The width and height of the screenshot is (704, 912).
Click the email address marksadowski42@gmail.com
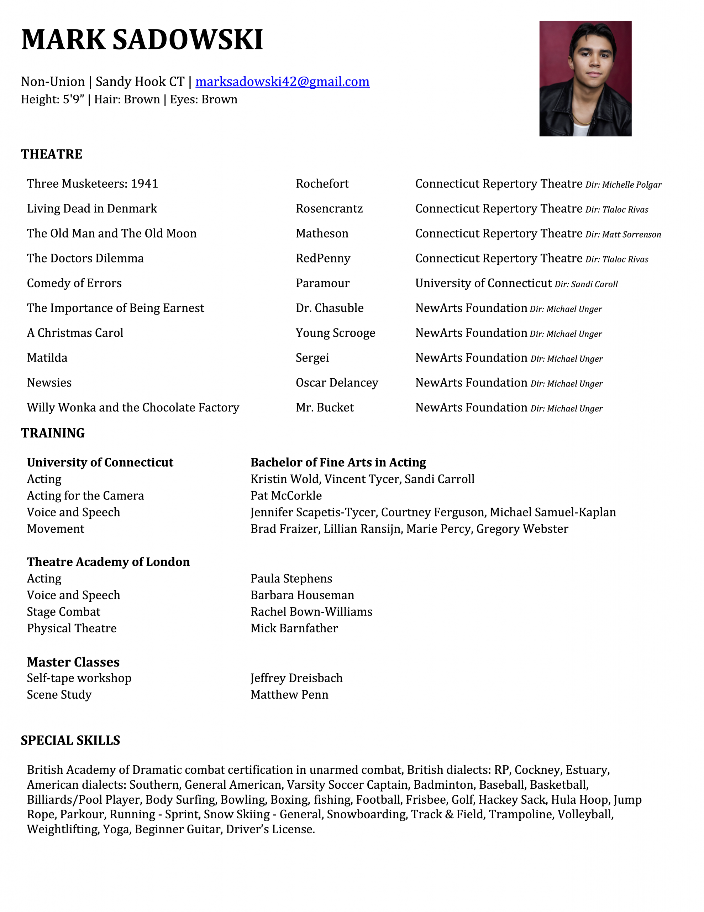pos(282,82)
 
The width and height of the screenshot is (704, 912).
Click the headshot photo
pos(585,78)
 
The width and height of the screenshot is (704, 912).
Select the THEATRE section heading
pos(52,154)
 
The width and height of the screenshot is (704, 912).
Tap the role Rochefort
pos(322,184)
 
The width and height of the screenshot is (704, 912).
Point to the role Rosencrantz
pos(329,208)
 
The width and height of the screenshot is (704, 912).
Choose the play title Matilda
pos(47,358)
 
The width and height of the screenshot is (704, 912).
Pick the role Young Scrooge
pos(336,333)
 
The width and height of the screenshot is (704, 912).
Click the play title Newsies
pos(49,383)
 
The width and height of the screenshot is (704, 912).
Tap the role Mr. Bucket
pos(325,408)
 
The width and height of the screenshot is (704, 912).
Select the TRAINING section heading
pos(53,433)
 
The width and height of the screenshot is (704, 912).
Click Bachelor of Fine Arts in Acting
pos(338,462)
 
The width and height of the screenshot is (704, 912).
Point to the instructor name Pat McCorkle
pos(286,496)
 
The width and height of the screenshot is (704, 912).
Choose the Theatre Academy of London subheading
pos(109,562)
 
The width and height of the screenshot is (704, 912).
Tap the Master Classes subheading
pos(73,662)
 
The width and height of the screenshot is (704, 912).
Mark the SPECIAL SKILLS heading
pos(70,740)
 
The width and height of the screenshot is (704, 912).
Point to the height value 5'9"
pos(73,99)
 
